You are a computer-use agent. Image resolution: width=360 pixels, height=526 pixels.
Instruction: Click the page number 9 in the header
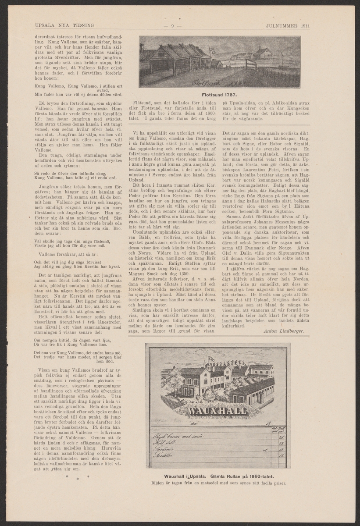click(x=173, y=25)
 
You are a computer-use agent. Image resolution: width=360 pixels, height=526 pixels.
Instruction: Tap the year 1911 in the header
click(x=303, y=25)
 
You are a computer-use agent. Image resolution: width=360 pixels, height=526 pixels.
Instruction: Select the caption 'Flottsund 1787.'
click(x=219, y=95)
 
